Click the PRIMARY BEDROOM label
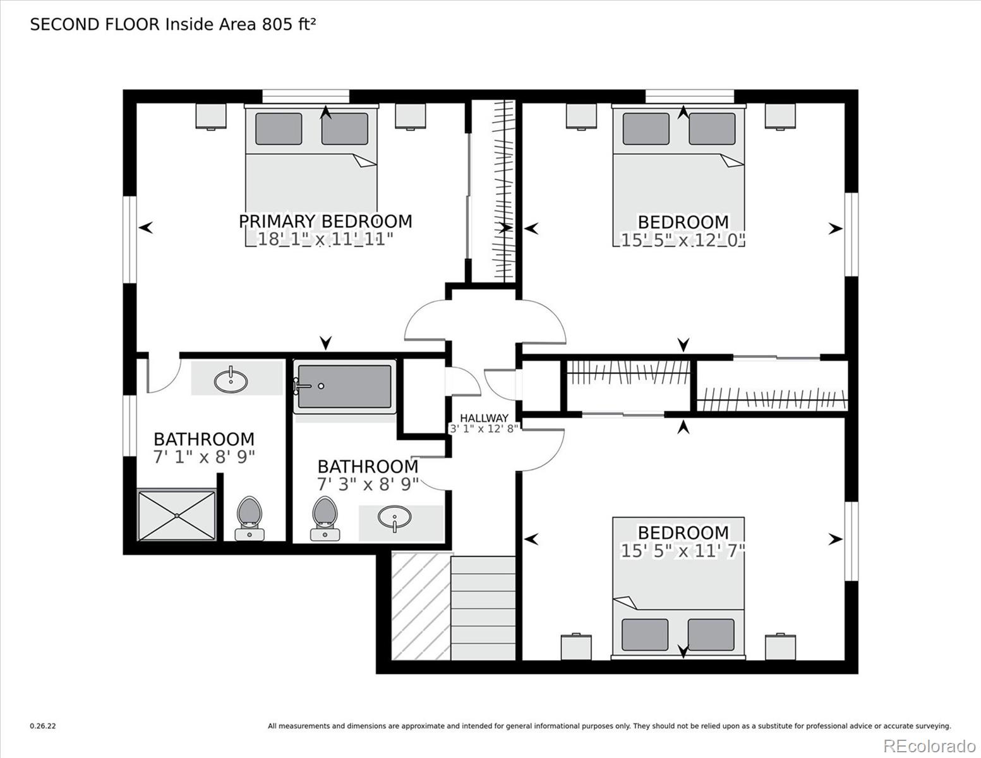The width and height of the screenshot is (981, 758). [x=325, y=222]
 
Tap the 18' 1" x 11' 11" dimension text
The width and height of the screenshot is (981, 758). [x=325, y=239]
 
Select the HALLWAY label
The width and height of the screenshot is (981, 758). [x=484, y=418]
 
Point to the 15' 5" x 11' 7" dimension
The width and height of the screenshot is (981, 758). [x=683, y=551]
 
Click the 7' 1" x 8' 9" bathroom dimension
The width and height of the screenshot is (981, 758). [x=204, y=457]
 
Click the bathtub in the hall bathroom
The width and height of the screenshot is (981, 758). [x=345, y=387]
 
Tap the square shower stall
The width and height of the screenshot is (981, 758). [x=176, y=515]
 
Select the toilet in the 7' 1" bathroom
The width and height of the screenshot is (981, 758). [x=250, y=518]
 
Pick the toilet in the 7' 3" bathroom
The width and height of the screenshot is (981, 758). [x=325, y=518]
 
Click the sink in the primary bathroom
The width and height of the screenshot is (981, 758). [x=231, y=381]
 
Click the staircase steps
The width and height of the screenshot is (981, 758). [x=483, y=608]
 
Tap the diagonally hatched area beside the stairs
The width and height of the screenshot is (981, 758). [x=421, y=606]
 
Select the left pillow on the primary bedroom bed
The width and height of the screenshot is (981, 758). [x=279, y=129]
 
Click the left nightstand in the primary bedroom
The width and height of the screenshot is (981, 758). [x=211, y=117]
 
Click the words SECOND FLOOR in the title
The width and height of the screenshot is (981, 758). [x=95, y=25]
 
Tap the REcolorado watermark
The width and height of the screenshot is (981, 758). [x=929, y=746]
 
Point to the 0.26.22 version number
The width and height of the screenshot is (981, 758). [x=43, y=726]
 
